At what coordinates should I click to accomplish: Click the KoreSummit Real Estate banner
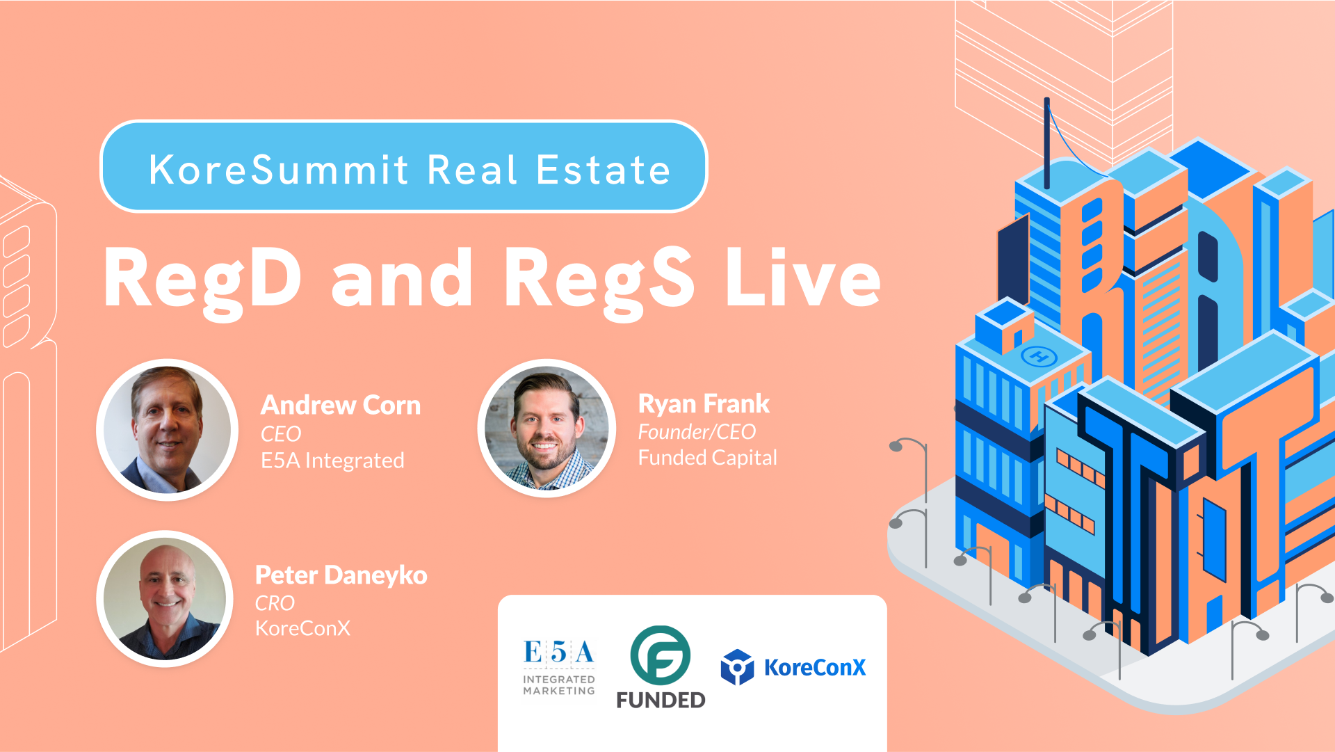[x=404, y=167]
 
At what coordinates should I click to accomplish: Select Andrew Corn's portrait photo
[x=168, y=430]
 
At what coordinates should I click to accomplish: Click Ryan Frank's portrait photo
[x=547, y=428]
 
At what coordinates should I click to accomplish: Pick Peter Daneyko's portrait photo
[x=165, y=599]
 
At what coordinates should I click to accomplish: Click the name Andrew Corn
[x=341, y=405]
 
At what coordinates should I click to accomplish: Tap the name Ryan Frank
[x=704, y=403]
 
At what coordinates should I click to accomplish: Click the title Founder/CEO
[x=697, y=432]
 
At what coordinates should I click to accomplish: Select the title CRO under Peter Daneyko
[x=275, y=603]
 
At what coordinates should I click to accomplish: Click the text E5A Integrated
[x=332, y=461]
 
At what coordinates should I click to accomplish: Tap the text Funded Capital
[x=707, y=458]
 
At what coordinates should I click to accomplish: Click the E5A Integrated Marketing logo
[x=559, y=668]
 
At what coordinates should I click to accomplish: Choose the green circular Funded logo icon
[x=660, y=655]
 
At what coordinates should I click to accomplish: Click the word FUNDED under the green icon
[x=661, y=700]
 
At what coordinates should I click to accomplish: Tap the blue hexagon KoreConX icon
[x=738, y=667]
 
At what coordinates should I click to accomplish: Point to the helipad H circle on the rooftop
[x=1039, y=358]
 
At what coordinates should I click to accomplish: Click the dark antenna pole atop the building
[x=1046, y=143]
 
